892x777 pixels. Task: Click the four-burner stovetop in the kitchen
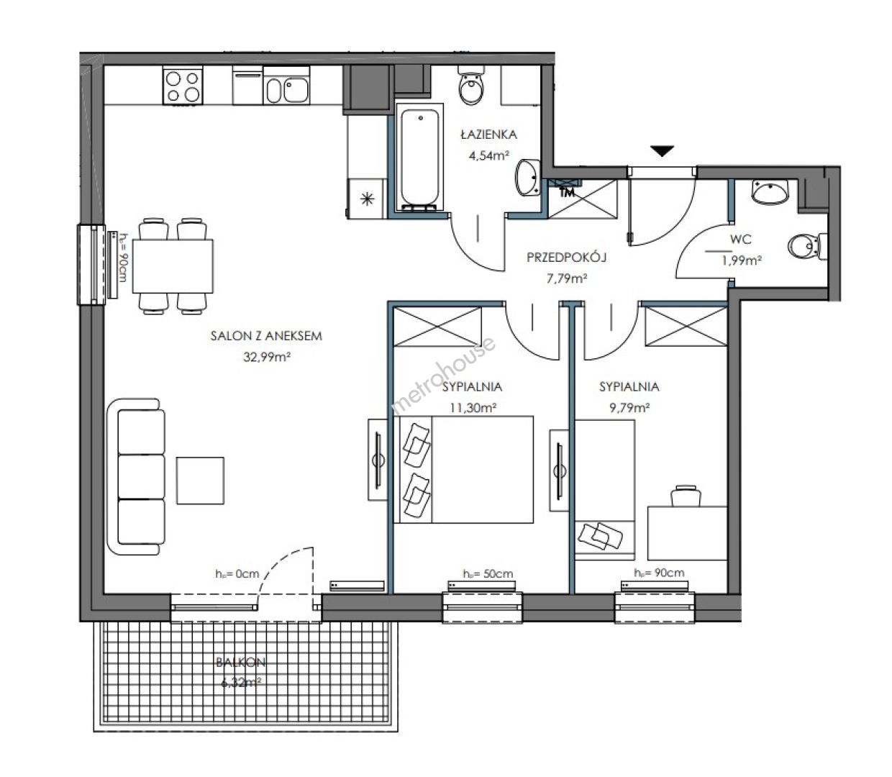pyautogui.click(x=183, y=86)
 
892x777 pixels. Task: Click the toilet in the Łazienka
pyautogui.click(x=471, y=86)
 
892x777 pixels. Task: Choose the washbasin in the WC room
pyautogui.click(x=770, y=192)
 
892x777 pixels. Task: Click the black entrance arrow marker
pyautogui.click(x=662, y=151)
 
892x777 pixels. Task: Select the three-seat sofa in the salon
pyautogui.click(x=136, y=476)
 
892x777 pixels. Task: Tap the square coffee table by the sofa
pyautogui.click(x=200, y=481)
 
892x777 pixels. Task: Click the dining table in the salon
pyautogui.click(x=173, y=266)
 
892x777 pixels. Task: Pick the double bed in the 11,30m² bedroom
pyautogui.click(x=463, y=469)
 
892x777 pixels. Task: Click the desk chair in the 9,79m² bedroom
pyautogui.click(x=686, y=496)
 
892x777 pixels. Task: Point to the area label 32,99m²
pyautogui.click(x=267, y=357)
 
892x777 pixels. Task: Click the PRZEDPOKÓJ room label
pyautogui.click(x=566, y=258)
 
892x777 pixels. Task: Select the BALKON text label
pyautogui.click(x=241, y=663)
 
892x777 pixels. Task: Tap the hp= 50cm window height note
pyautogui.click(x=488, y=574)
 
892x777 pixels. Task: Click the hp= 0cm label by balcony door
pyautogui.click(x=237, y=574)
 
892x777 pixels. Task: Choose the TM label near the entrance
pyautogui.click(x=567, y=192)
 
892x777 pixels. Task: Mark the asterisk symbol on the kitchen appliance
pyautogui.click(x=368, y=199)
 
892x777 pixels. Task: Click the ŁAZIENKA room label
pyautogui.click(x=488, y=135)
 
